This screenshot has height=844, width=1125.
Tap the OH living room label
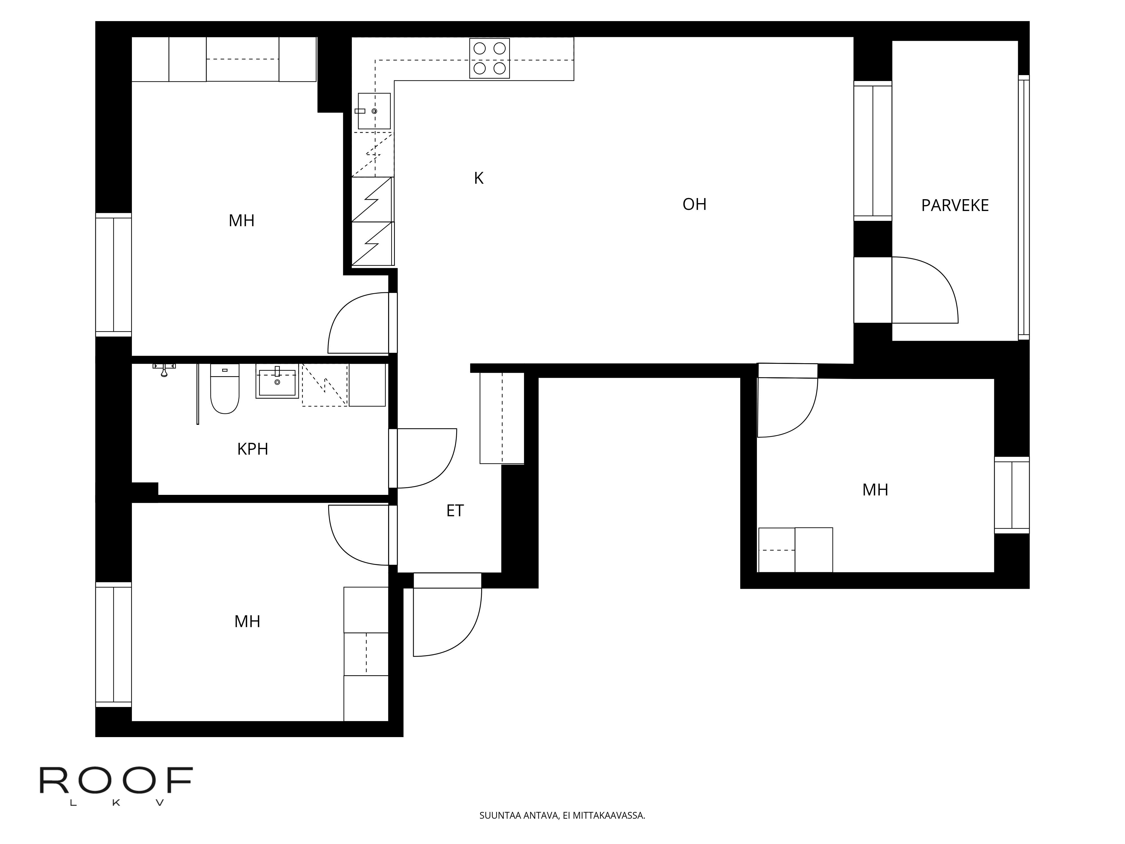coord(694,204)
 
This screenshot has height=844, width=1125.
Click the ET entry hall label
coord(455,511)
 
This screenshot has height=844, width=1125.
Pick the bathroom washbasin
coord(277,382)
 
